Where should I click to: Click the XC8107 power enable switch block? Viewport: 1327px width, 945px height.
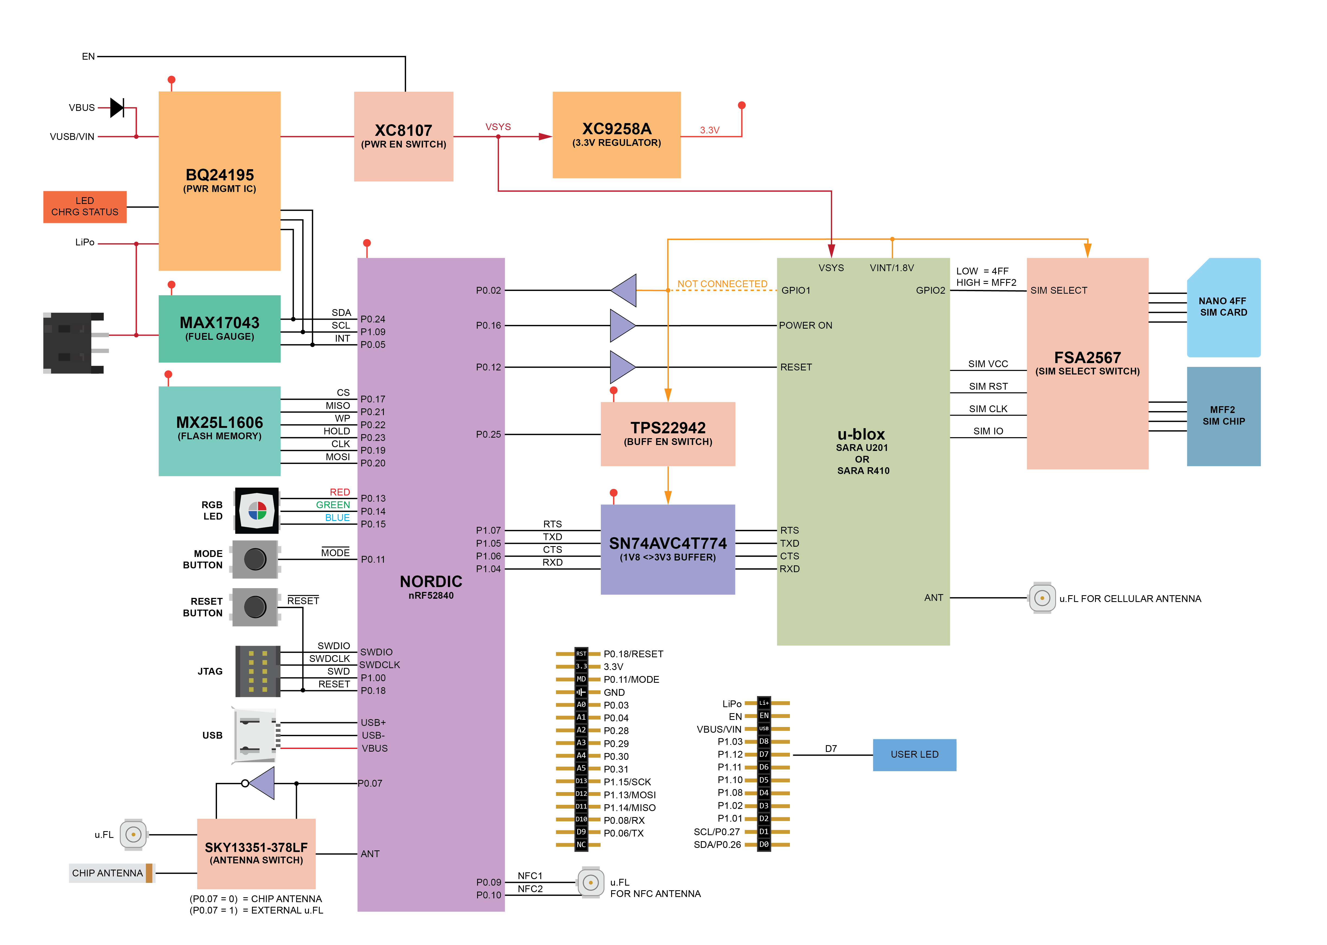point(403,136)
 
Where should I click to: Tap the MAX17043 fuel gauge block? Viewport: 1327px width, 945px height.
point(219,328)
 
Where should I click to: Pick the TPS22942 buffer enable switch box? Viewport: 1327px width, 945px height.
point(668,434)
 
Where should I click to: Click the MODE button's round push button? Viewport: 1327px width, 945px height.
point(255,559)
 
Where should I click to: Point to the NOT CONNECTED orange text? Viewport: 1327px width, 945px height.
point(722,284)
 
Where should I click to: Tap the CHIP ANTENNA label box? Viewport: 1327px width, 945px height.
point(108,873)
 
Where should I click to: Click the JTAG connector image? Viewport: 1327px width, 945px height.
point(257,671)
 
